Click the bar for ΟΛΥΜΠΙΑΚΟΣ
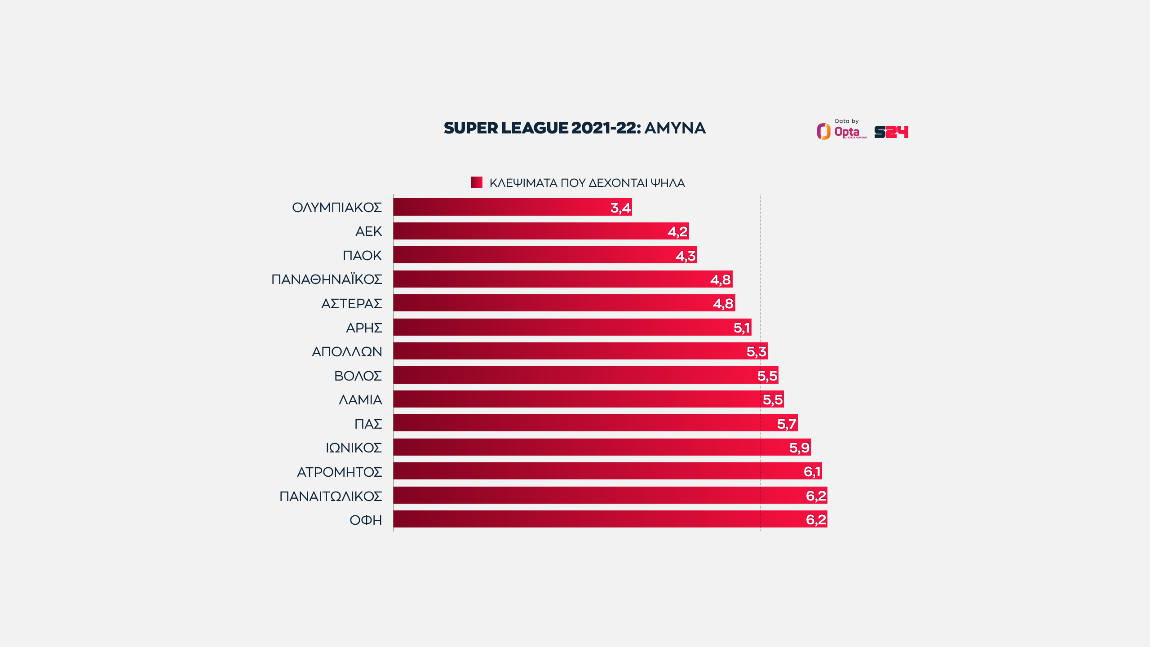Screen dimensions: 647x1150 point(512,207)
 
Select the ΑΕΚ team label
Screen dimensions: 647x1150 point(368,231)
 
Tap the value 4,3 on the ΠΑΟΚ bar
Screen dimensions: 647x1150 point(686,256)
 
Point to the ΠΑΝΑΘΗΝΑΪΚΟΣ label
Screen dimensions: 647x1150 point(327,279)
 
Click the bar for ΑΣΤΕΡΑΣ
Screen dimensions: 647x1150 point(564,303)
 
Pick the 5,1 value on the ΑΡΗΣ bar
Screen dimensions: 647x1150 point(741,328)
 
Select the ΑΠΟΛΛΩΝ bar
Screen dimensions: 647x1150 point(579,351)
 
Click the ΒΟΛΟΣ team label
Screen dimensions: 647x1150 point(358,376)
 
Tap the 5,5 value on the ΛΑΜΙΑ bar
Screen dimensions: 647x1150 point(773,399)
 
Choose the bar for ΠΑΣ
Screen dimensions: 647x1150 point(595,423)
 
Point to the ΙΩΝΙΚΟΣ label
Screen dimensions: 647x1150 point(354,448)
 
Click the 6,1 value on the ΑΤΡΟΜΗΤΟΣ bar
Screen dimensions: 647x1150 point(812,471)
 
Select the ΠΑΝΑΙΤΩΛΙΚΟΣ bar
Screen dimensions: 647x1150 point(610,495)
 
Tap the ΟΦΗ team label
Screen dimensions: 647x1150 point(366,520)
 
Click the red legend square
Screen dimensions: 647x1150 point(476,182)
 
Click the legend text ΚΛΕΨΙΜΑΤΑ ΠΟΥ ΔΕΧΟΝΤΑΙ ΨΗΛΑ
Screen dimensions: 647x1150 point(587,183)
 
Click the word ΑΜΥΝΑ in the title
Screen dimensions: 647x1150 point(675,128)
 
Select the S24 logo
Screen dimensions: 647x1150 point(891,132)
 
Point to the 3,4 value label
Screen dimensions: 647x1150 point(620,208)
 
